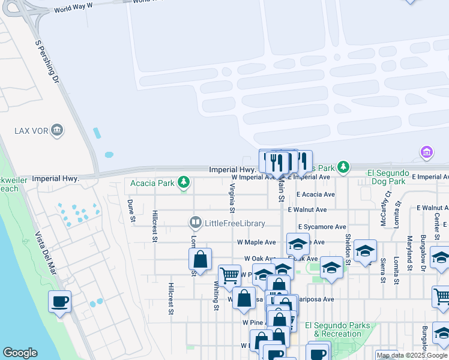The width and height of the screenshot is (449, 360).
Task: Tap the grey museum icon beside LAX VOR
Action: pos(57,130)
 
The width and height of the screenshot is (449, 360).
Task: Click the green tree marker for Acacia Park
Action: pos(183,182)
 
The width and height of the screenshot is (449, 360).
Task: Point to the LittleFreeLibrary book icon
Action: pos(195,223)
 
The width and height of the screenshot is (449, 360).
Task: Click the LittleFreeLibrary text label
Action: pos(235,223)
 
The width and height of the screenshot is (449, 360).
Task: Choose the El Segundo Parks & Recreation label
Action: pos(337,329)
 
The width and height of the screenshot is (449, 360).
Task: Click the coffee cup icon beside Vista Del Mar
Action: pos(59,302)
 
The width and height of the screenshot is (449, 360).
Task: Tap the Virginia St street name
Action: pos(231,198)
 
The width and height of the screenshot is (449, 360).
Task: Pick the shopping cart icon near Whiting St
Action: pos(229,275)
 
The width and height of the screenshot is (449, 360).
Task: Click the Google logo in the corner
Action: pos(20,353)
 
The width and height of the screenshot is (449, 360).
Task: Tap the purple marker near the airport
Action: pos(427,153)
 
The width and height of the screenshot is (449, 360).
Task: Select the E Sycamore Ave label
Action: pos(322,227)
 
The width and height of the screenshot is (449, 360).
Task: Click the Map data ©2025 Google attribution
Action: pos(412,355)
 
